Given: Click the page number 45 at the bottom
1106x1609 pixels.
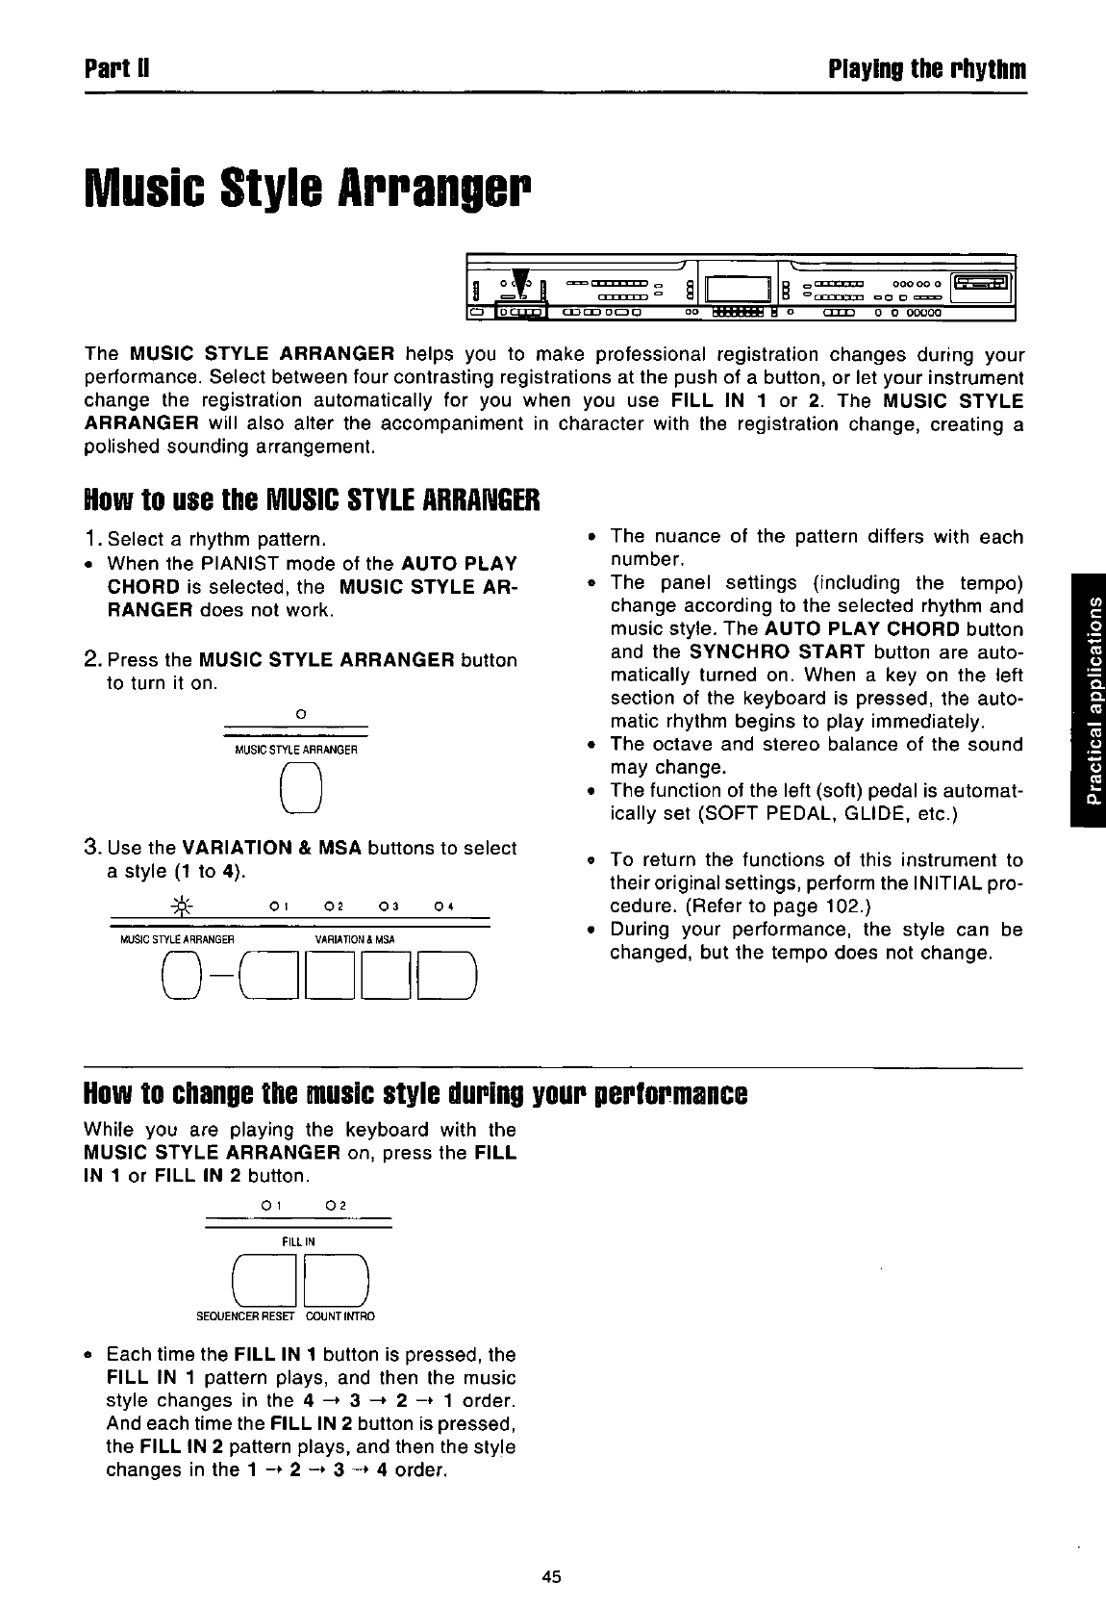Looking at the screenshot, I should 551,1576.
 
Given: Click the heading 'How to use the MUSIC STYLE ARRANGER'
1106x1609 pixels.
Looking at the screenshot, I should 313,500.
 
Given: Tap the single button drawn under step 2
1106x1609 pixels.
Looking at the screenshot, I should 300,788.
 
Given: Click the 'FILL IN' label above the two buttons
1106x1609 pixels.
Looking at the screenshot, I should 298,1241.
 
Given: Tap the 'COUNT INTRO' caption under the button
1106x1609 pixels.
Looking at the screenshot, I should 340,1315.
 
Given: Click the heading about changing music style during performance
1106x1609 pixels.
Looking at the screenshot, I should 415,1095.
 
